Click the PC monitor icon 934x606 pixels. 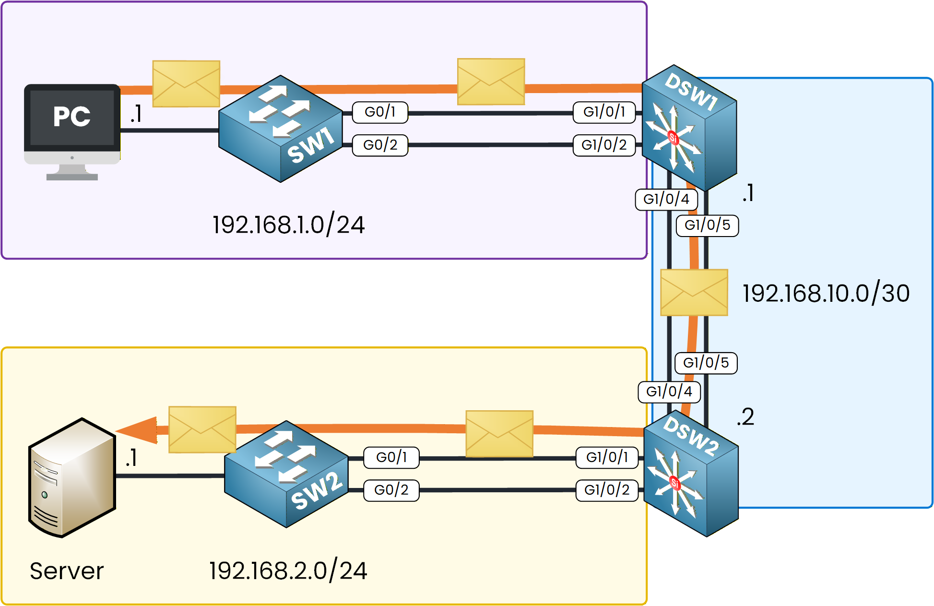[72, 125]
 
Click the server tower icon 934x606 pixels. [72, 477]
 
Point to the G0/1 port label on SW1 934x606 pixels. [380, 112]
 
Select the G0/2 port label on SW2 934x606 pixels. [391, 490]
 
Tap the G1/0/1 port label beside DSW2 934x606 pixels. [607, 457]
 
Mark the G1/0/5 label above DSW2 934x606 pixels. [706, 363]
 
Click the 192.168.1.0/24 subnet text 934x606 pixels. [288, 225]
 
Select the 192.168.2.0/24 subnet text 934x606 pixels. [288, 570]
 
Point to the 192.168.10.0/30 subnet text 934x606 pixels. [826, 293]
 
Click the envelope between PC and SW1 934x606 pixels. [186, 83]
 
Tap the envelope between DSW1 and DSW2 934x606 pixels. [694, 292]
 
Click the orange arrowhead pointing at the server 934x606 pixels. [139, 430]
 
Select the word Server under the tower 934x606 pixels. [67, 571]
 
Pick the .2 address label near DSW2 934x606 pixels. [746, 416]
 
